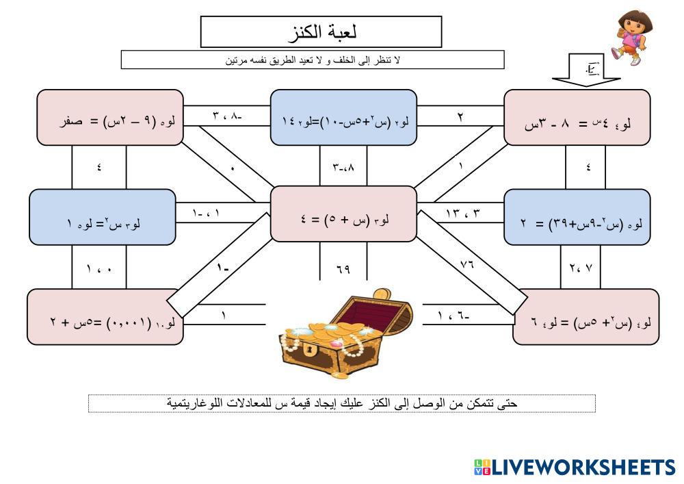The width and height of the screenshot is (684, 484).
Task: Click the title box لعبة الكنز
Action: [x=321, y=31]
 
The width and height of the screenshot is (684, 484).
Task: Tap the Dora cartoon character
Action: [x=629, y=38]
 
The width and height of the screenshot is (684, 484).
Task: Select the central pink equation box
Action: [x=343, y=214]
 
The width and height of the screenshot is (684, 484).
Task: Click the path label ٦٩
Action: [x=343, y=269]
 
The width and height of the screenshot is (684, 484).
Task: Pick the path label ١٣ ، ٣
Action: [x=463, y=214]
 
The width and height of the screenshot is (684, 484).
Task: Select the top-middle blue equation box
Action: [x=343, y=118]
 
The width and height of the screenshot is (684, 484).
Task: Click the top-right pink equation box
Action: [x=577, y=118]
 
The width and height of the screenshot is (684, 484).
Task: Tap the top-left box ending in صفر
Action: [x=110, y=118]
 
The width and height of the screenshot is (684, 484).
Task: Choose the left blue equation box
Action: [x=102, y=217]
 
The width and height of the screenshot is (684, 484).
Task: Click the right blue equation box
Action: [x=577, y=217]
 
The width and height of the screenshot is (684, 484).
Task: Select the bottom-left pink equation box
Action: [x=105, y=317]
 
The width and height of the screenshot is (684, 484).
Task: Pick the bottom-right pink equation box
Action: [x=586, y=317]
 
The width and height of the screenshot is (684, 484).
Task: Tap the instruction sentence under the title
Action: [x=313, y=60]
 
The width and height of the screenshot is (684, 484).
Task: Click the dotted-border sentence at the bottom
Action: [x=342, y=403]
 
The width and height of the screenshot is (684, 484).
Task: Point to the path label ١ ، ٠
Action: [x=99, y=269]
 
